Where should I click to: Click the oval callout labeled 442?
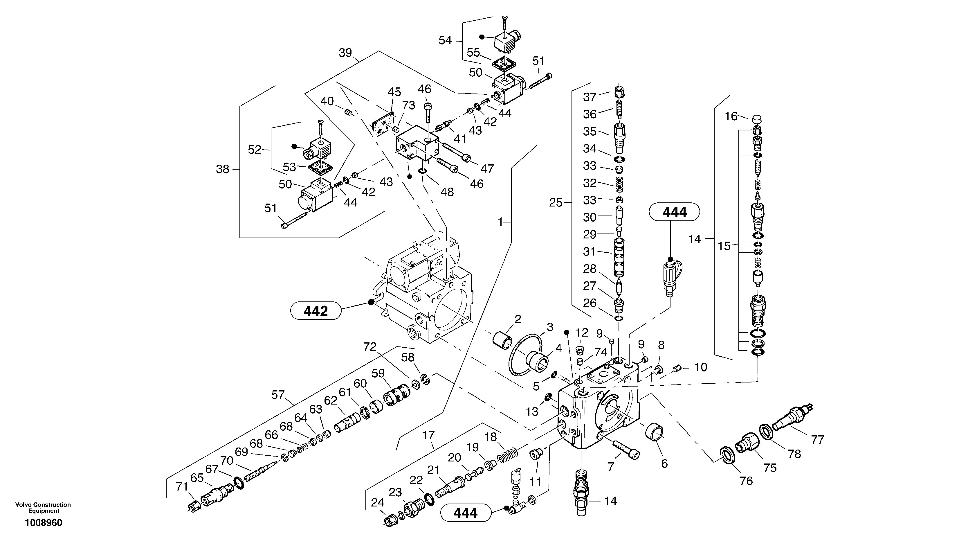pyautogui.click(x=316, y=311)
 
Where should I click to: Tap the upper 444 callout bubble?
pyautogui.click(x=674, y=212)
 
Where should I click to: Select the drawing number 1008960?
pyautogui.click(x=44, y=523)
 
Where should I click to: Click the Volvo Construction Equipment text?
pyautogui.click(x=43, y=507)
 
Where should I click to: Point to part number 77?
pyautogui.click(x=818, y=439)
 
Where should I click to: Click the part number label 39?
pyautogui.click(x=345, y=53)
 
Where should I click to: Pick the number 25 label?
pyautogui.click(x=556, y=203)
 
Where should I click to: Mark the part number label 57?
pyautogui.click(x=278, y=395)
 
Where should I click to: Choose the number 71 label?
pyautogui.click(x=182, y=487)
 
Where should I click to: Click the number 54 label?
pyautogui.click(x=445, y=40)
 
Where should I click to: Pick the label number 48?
pyautogui.click(x=447, y=192)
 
